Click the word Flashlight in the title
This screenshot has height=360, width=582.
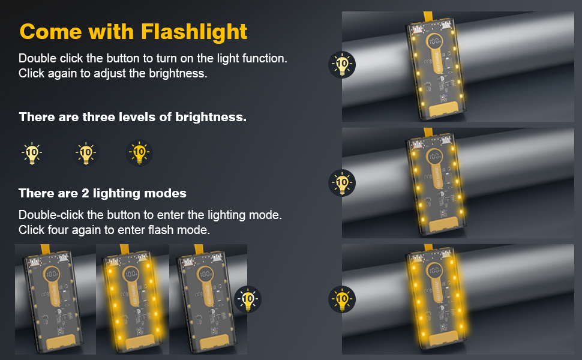(194, 31)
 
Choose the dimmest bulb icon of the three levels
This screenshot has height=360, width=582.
(32, 153)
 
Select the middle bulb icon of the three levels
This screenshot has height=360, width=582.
(86, 153)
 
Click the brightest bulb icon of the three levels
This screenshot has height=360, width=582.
(139, 152)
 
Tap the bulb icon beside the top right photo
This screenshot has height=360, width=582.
(342, 64)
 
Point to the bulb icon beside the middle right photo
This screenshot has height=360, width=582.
(342, 182)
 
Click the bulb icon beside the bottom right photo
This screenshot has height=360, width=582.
(342, 299)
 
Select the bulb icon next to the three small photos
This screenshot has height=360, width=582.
(248, 299)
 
